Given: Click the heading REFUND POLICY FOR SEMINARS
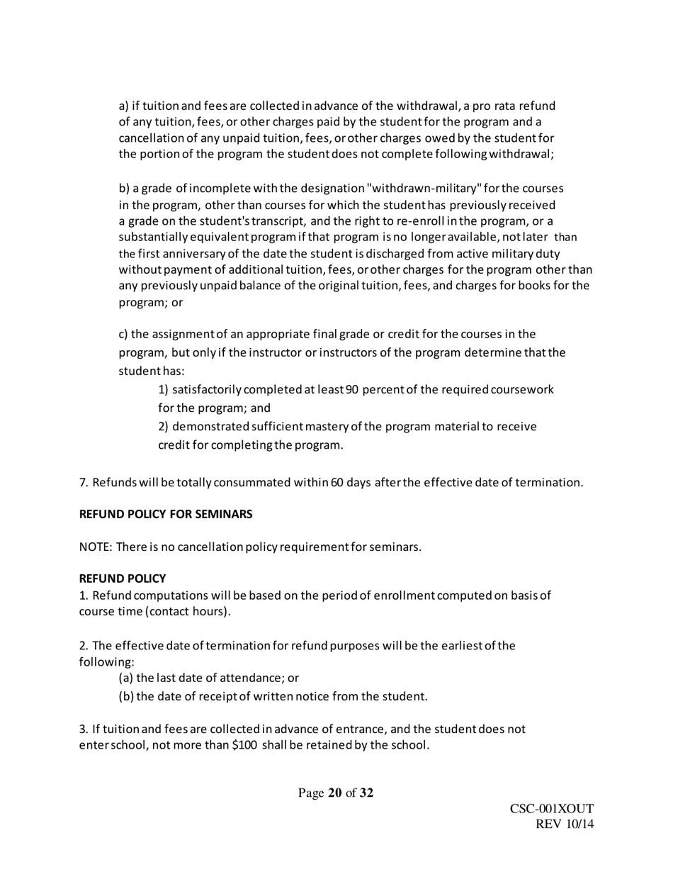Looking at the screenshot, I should click(x=165, y=515).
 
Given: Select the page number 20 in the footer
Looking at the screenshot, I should click(x=334, y=793).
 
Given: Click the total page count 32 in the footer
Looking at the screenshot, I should click(x=366, y=793).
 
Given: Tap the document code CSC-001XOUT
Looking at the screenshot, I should click(x=551, y=809).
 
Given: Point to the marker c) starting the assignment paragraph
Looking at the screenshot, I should click(x=123, y=334).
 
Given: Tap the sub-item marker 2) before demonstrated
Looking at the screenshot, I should click(x=164, y=427).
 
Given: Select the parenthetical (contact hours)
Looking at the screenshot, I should click(x=188, y=611).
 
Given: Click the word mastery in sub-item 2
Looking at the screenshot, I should click(x=327, y=427).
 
